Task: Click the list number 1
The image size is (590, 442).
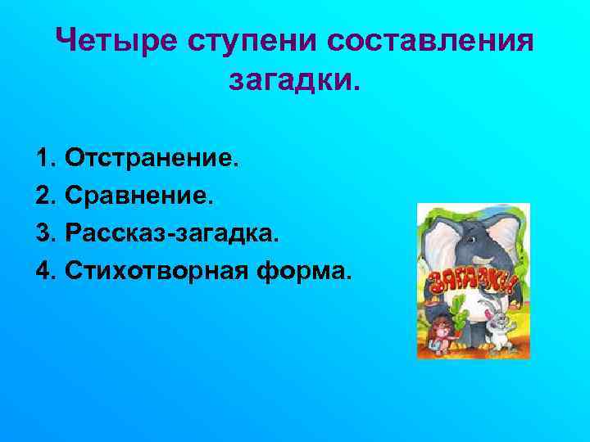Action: [43, 156]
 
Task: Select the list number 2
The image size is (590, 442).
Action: [43, 195]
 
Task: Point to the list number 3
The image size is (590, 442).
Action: [43, 233]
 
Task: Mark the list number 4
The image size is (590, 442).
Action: [43, 271]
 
